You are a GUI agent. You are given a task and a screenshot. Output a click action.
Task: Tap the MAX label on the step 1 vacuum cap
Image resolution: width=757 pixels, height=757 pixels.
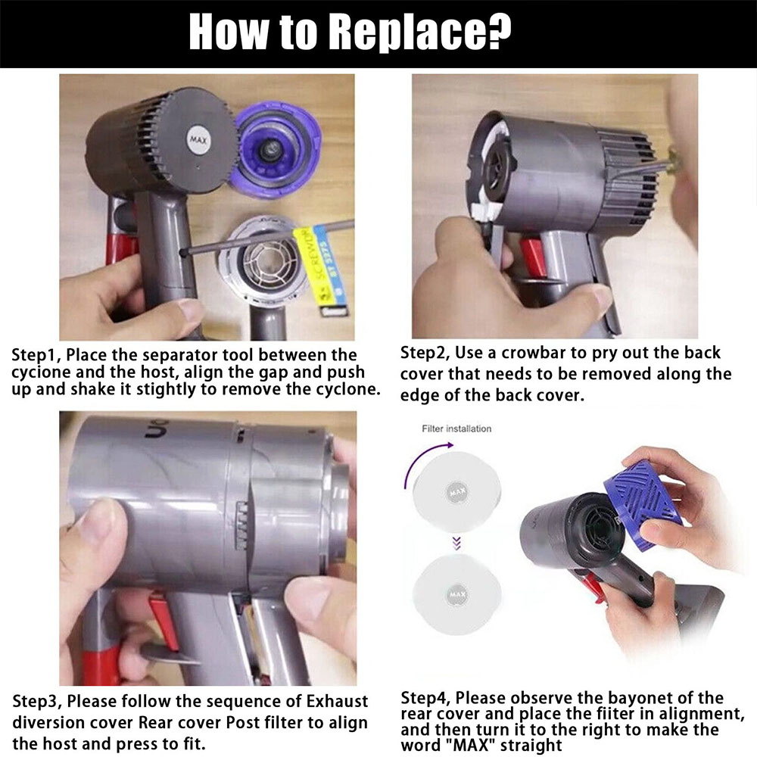(x=198, y=141)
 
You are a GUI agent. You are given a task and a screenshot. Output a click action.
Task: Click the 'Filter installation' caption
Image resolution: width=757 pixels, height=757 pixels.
(x=456, y=428)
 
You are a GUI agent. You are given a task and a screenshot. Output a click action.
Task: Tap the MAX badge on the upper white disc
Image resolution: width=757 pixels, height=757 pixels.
(x=456, y=492)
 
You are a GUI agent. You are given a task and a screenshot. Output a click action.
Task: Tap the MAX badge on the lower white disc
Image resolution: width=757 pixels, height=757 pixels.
(x=456, y=594)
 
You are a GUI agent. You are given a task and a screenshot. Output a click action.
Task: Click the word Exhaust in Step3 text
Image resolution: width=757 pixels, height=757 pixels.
(x=337, y=701)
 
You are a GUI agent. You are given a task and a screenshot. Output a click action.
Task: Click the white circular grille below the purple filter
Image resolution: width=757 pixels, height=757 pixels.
(x=264, y=260)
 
